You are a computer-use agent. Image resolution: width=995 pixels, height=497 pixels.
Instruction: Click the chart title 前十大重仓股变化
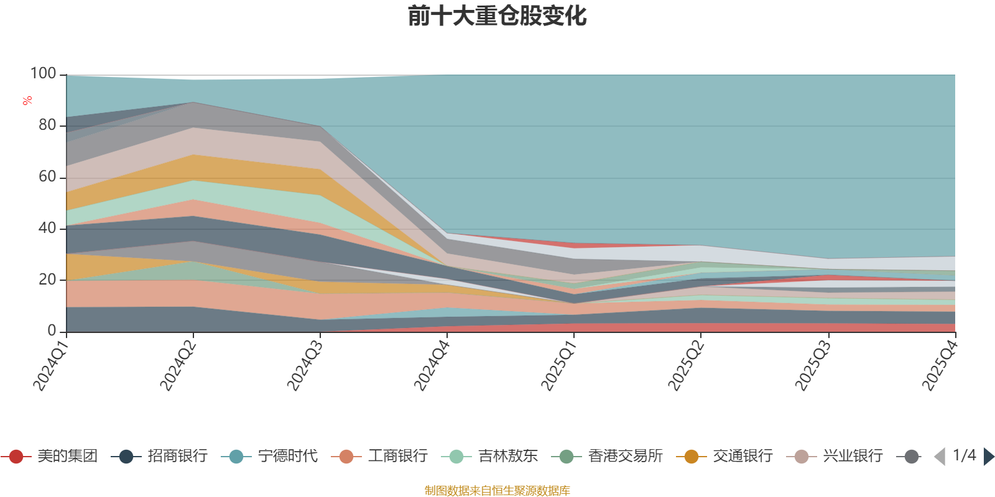[x=497, y=16]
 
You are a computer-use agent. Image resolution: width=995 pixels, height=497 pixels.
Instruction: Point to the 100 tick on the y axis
[x=43, y=74]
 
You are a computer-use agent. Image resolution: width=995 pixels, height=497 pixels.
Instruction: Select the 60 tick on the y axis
[x=47, y=177]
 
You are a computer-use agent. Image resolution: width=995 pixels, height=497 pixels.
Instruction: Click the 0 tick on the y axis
[x=52, y=331]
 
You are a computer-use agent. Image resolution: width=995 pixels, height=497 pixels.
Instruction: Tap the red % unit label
[x=27, y=101]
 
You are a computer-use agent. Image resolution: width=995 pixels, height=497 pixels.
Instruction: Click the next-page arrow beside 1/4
[x=988, y=457]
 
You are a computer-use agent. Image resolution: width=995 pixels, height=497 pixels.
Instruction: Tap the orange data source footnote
[x=497, y=491]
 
